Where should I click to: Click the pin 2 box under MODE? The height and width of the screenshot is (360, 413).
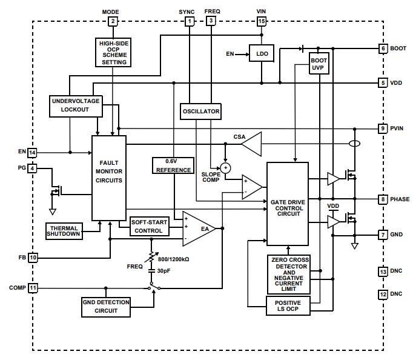click(112, 21)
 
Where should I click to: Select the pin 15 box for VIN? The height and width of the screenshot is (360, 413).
click(261, 21)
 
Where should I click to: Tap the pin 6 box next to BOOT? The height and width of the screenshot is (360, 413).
click(382, 48)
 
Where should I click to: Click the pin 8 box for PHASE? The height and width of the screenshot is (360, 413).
click(382, 199)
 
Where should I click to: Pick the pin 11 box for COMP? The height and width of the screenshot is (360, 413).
click(33, 287)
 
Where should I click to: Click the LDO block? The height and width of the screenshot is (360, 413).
click(262, 54)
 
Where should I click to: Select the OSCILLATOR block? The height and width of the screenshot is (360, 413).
click(200, 112)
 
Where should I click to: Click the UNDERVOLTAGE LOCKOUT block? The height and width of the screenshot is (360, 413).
click(75, 105)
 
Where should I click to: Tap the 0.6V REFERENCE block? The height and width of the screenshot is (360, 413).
click(173, 165)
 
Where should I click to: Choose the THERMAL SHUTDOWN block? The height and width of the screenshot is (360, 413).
click(64, 231)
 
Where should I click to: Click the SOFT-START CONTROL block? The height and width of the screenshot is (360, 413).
click(148, 227)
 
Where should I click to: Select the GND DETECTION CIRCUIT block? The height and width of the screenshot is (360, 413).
click(107, 307)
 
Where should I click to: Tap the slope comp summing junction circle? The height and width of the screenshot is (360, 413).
click(225, 168)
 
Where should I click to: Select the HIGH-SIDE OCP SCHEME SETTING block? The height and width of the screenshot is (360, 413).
click(112, 52)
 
